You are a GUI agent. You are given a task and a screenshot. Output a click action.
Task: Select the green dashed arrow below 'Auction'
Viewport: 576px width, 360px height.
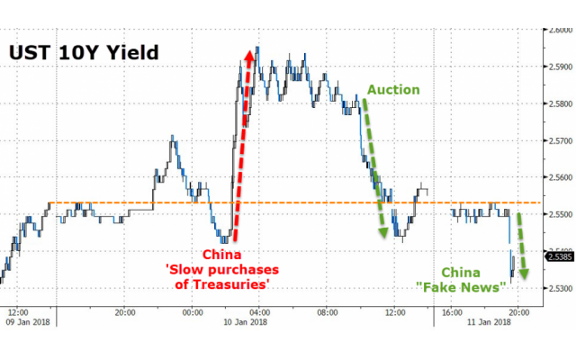click(x=373, y=166)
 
